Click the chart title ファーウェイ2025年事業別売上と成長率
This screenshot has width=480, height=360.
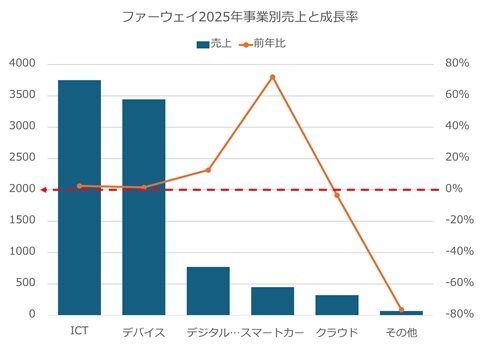click(239, 17)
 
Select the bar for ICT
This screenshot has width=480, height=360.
click(79, 197)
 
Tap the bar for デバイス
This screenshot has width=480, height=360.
click(144, 207)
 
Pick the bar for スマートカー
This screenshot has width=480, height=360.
click(272, 301)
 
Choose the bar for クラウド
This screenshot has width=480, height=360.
click(337, 305)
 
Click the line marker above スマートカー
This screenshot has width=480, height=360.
click(272, 77)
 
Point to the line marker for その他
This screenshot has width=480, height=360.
click(401, 310)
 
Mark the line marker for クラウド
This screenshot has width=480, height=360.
click(337, 194)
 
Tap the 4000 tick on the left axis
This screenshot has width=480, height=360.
click(23, 64)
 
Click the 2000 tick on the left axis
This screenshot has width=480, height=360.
click(23, 189)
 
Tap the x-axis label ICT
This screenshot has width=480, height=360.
click(79, 331)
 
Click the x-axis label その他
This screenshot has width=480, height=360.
click(401, 331)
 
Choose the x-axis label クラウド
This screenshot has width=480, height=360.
click(337, 331)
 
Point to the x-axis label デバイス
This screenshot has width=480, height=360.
click(144, 331)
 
